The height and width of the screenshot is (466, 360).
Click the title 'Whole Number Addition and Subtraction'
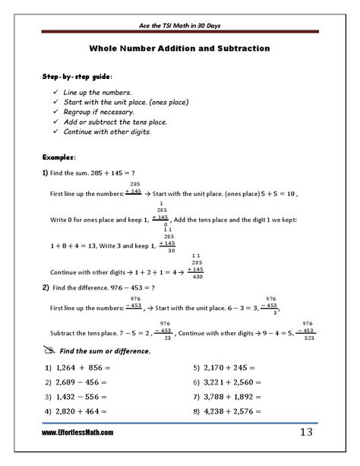pos(179,49)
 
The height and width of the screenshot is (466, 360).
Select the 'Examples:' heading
pos(59,157)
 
